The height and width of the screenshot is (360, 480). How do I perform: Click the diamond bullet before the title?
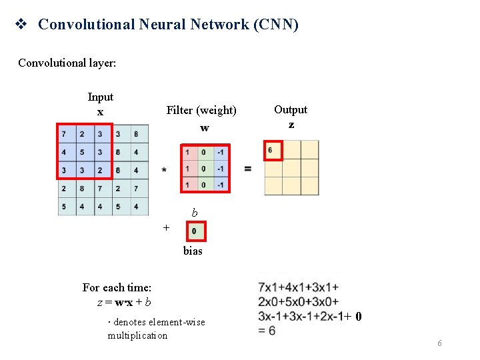21,25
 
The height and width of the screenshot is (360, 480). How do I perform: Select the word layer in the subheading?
101,63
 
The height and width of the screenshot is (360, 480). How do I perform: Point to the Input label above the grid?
100,97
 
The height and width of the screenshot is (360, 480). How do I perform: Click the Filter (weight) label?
201,110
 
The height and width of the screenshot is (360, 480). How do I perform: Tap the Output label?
291,109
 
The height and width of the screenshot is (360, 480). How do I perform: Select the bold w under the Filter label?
204,127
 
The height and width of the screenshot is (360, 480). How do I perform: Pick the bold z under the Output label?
291,125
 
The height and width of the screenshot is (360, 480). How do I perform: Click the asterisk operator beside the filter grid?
164,170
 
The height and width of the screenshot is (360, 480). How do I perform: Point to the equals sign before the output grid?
248,169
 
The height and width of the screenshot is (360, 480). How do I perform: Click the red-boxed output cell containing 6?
273,150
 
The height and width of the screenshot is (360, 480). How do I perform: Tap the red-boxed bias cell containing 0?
195,231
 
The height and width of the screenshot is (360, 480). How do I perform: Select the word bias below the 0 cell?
193,251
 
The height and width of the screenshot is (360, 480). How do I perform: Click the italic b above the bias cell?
195,213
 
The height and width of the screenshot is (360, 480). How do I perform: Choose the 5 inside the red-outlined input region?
82,152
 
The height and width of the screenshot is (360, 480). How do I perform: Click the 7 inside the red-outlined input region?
63,134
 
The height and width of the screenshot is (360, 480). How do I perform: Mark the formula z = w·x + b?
124,302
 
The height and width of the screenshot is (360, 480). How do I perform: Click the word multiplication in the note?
137,335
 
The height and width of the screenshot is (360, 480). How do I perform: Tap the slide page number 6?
439,343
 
